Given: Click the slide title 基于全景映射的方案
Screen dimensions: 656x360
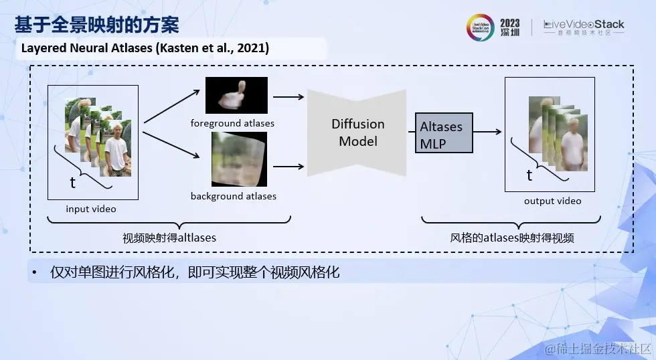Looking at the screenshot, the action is click(96, 25).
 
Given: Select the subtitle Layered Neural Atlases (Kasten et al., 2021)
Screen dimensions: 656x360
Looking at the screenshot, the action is click(145, 48).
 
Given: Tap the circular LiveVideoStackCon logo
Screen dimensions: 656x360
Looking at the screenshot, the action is click(481, 27).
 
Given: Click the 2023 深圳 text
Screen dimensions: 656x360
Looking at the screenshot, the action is click(510, 27).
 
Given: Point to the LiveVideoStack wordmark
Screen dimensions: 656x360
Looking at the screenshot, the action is click(584, 27).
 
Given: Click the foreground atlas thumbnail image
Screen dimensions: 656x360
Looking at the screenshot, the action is click(236, 95).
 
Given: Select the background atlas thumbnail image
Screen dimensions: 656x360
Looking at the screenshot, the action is click(239, 159).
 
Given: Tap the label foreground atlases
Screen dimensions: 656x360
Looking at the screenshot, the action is click(232, 123).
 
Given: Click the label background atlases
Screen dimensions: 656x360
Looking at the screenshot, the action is click(234, 196).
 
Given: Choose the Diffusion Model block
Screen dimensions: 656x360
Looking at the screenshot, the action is click(357, 132).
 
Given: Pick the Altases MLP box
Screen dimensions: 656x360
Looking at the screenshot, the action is click(444, 132).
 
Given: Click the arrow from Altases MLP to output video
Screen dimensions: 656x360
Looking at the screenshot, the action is click(487, 132).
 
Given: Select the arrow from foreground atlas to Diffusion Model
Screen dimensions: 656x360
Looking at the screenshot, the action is click(289, 97).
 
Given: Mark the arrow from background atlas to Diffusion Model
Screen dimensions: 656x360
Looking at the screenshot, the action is click(289, 167).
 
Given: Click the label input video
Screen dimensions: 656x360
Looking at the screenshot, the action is click(91, 209).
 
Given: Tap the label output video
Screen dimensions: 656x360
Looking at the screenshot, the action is click(553, 201).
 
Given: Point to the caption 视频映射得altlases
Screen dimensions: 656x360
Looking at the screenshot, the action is click(169, 238).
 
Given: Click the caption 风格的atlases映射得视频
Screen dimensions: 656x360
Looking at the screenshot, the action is click(512, 238).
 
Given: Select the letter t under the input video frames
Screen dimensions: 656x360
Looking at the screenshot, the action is click(73, 183).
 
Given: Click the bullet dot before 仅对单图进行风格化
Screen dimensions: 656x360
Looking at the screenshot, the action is click(34, 273).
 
